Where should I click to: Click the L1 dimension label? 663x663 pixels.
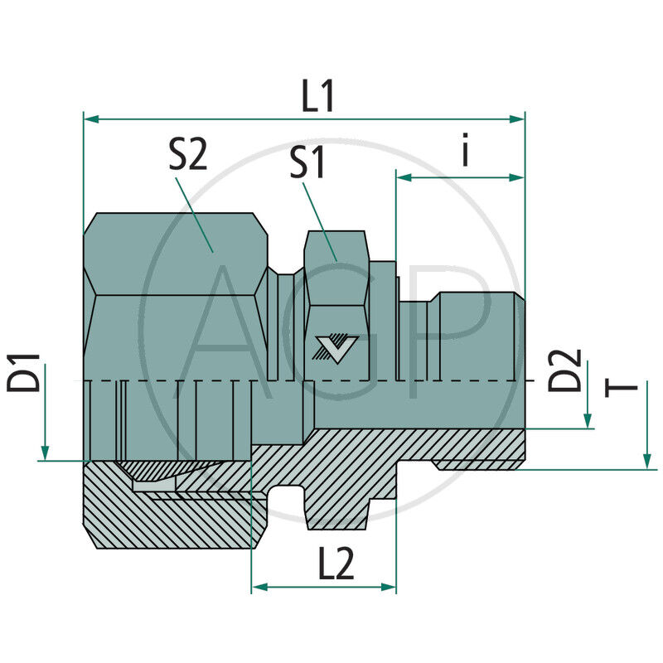[317, 98]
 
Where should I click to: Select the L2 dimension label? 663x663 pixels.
[335, 565]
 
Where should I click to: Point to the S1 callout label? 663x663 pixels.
[307, 164]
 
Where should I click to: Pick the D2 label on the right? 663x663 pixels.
[567, 370]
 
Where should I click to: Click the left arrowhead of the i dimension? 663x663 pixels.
[404, 177]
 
